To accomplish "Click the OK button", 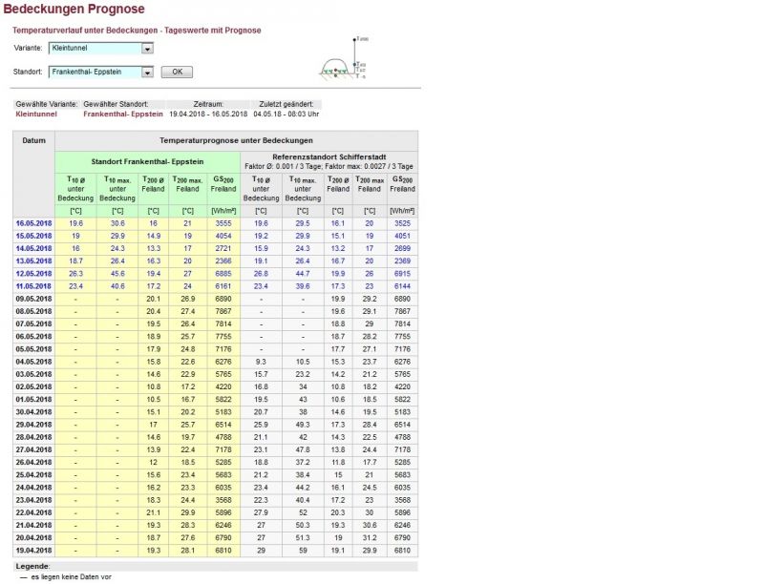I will click(177, 73).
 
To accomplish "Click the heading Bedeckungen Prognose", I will click(74, 10).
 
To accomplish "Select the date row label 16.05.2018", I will click(32, 222).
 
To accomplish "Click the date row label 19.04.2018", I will click(32, 550).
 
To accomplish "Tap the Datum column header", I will click(33, 140).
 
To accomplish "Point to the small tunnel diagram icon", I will click(343, 60).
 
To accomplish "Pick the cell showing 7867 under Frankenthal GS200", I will click(223, 310).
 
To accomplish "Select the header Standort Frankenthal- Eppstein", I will click(146, 160).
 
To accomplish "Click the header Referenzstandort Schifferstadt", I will click(329, 156).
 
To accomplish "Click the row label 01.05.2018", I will click(32, 398).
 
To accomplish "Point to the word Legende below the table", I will click(32, 566).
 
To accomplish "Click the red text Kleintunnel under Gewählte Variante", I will click(36, 114).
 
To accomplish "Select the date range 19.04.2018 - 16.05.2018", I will click(208, 114).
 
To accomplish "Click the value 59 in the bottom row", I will click(303, 550).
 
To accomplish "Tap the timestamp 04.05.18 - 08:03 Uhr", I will click(286, 114).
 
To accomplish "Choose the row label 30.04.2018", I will click(32, 410).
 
